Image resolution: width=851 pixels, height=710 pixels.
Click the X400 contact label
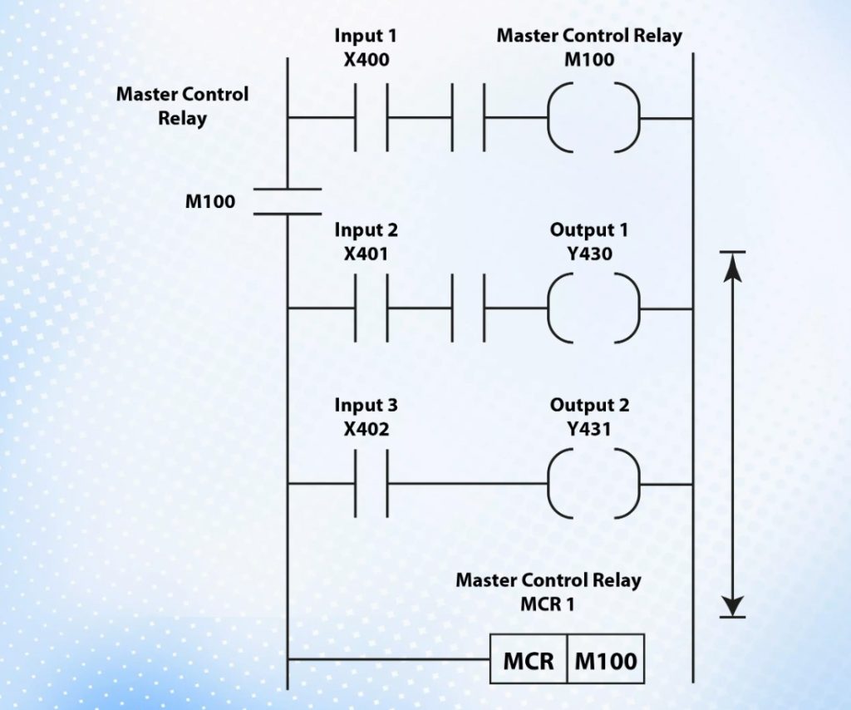pyautogui.click(x=366, y=60)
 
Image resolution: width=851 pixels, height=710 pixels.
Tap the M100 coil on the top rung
pyautogui.click(x=594, y=117)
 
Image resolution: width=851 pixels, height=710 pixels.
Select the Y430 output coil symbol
pyautogui.click(x=594, y=308)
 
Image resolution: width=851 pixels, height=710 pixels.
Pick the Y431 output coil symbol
pyautogui.click(x=594, y=484)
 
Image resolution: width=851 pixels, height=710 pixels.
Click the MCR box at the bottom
pyautogui.click(x=529, y=661)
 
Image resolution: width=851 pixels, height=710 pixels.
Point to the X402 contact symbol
pyautogui.click(x=371, y=484)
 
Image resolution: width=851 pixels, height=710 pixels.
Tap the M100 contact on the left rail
pyautogui.click(x=286, y=201)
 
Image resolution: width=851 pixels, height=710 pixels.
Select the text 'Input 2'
pyautogui.click(x=366, y=229)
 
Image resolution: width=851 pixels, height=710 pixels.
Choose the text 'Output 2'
pyautogui.click(x=589, y=406)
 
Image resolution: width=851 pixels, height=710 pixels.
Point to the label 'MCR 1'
pyautogui.click(x=548, y=603)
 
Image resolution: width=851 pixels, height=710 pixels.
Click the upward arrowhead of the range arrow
pyautogui.click(x=732, y=264)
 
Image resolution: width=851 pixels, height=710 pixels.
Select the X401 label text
pyautogui.click(x=366, y=253)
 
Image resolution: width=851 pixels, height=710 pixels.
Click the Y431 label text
pyautogui.click(x=589, y=429)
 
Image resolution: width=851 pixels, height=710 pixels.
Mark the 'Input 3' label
pyautogui.click(x=366, y=406)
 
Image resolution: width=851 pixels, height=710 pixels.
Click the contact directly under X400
pyautogui.click(x=371, y=117)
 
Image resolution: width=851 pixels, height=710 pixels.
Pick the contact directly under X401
pyautogui.click(x=371, y=308)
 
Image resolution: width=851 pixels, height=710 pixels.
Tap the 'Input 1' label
pyautogui.click(x=366, y=37)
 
